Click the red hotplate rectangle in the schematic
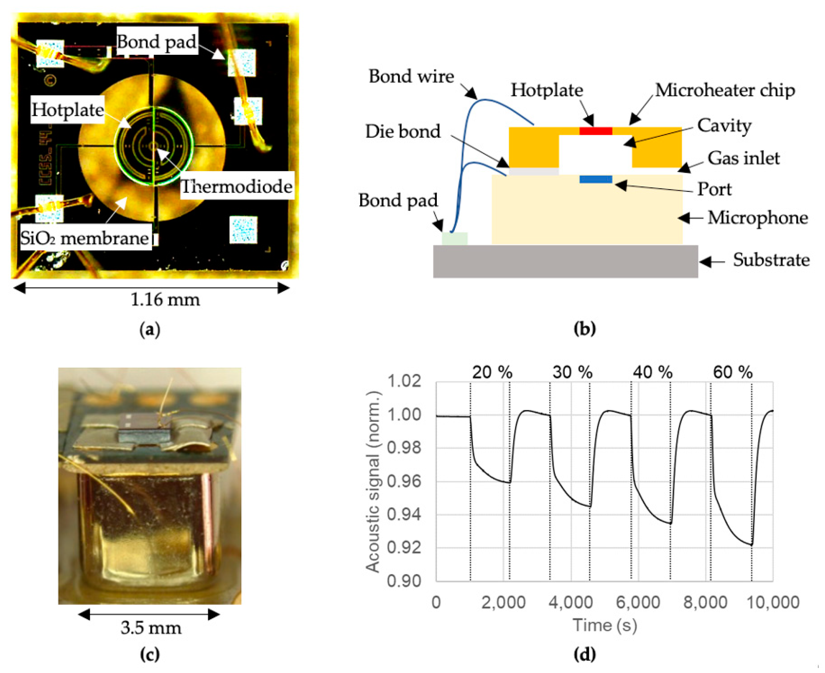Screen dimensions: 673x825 click(x=596, y=131)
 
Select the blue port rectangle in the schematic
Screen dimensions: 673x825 click(x=596, y=179)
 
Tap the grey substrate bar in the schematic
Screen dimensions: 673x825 click(x=565, y=261)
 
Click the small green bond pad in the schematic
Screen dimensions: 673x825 click(x=455, y=238)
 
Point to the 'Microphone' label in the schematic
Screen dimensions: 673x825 click(x=758, y=218)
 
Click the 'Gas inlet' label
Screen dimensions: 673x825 click(x=743, y=158)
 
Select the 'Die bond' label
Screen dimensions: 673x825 click(x=403, y=132)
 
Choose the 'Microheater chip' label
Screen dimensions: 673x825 click(x=725, y=90)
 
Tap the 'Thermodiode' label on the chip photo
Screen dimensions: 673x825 click(x=237, y=187)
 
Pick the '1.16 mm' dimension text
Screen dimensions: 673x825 click(x=165, y=300)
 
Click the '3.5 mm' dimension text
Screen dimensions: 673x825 click(x=151, y=628)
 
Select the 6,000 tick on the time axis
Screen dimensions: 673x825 click(x=638, y=603)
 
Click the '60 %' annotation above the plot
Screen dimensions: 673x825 click(x=733, y=372)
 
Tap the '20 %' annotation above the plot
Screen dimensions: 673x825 click(x=492, y=372)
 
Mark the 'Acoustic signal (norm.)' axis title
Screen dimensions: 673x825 click(x=373, y=482)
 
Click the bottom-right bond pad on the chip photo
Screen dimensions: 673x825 click(x=243, y=230)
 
